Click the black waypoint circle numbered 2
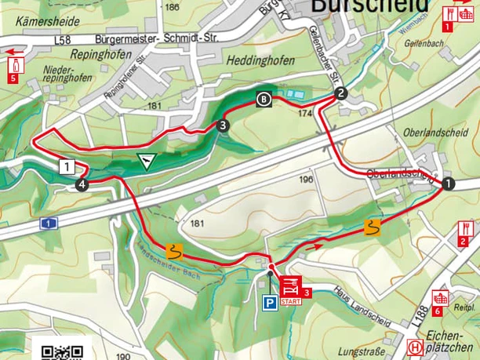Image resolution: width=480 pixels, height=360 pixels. click(x=340, y=93)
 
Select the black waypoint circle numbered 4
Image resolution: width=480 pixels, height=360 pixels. click(x=82, y=184)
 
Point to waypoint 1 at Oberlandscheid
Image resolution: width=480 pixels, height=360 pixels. click(x=448, y=184)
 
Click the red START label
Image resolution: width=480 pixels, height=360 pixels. click(x=289, y=301)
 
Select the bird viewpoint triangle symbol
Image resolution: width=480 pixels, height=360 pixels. click(x=146, y=161)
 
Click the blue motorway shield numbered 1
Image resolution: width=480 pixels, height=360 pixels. click(x=49, y=224)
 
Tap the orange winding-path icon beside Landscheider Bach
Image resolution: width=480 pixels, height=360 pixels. click(x=174, y=252)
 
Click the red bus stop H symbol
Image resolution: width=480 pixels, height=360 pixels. click(x=414, y=347)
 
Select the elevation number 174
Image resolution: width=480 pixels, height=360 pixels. click(x=305, y=114)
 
